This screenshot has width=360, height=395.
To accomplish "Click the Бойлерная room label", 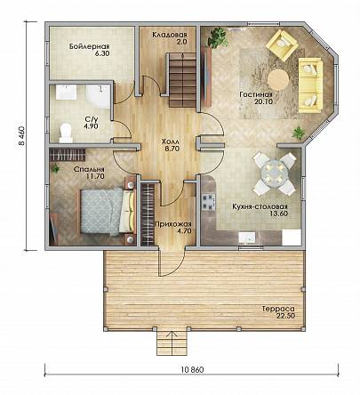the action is coord(90,50).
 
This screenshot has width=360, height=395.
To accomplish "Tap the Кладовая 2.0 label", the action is coord(170,38).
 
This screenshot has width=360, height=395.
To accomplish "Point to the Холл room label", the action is coord(171,145).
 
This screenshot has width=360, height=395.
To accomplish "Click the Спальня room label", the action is coord(89,173).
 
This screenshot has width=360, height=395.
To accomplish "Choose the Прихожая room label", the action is coord(173,227).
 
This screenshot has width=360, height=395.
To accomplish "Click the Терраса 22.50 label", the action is coord(278,312).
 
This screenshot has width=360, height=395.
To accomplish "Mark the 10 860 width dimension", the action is coord(192,369).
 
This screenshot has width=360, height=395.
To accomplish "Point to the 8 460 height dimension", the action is coord(22,136).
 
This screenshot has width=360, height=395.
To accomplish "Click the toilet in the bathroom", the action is coord(66,133).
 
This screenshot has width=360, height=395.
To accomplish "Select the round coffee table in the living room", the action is coord(278,79).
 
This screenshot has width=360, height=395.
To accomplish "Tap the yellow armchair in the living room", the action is coord(282,44).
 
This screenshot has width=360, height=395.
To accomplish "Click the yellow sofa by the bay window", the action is coord(310,85).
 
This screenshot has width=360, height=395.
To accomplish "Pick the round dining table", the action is coord(274,173).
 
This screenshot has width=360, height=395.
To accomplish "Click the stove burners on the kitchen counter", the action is coord(208,202).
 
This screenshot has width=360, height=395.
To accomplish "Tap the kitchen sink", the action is coord(247,238).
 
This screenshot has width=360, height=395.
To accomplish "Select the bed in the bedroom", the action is coord(107,211).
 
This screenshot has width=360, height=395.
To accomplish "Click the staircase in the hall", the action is coord(182,80).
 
